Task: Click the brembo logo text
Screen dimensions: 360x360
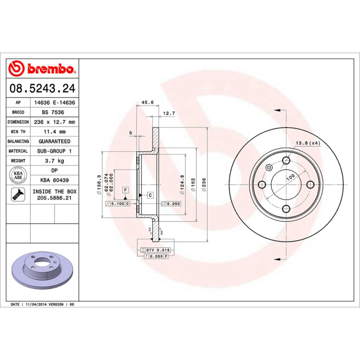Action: click(49, 69)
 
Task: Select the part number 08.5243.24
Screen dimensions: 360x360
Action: click(42, 89)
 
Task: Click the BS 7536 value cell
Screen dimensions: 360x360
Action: click(54, 112)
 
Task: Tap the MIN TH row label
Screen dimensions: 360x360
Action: click(18, 132)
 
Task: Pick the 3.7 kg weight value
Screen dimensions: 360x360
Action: click(54, 161)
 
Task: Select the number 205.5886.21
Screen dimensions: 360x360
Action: click(54, 198)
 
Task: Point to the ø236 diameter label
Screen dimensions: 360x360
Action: click(204, 185)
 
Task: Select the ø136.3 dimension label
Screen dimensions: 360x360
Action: click(98, 185)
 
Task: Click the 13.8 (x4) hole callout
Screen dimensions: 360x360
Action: click(308, 143)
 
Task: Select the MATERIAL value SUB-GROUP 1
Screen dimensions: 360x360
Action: click(54, 151)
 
